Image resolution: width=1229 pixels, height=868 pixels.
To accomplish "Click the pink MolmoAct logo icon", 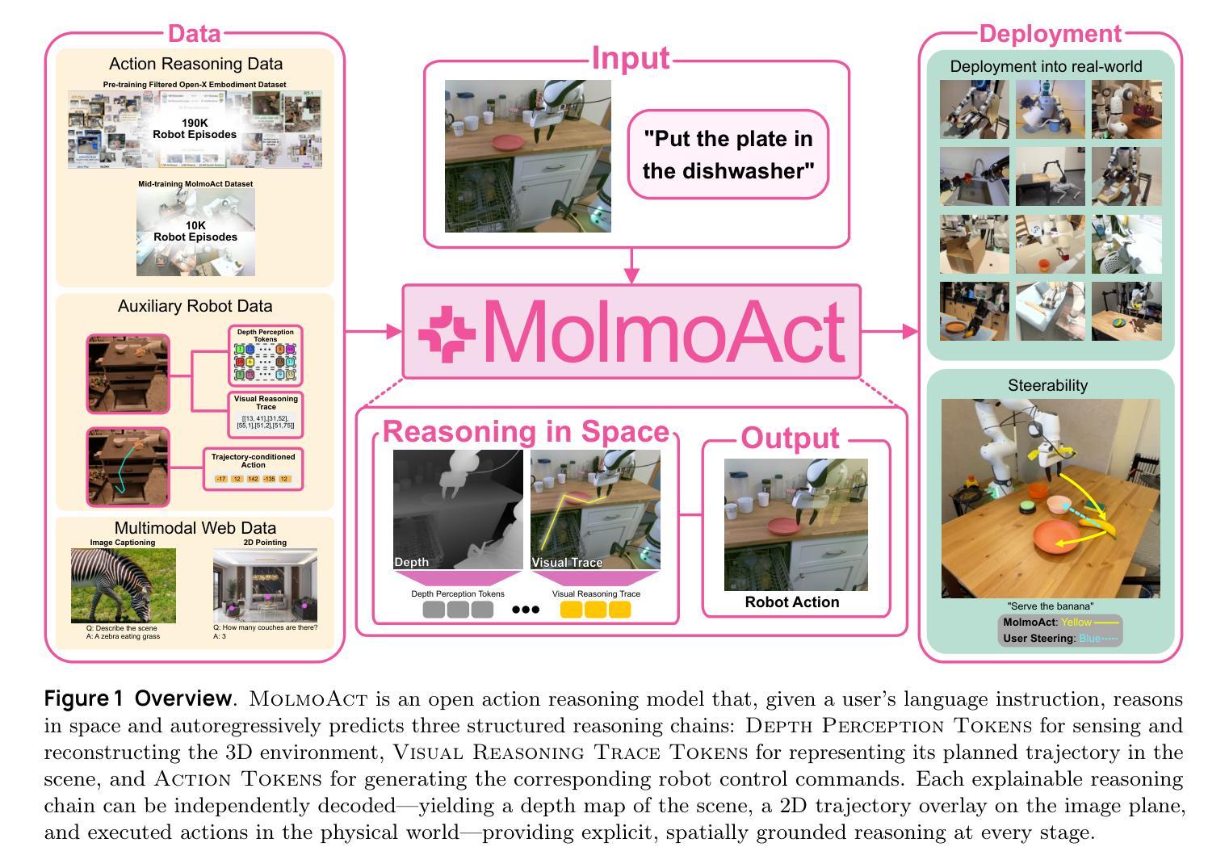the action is (x=447, y=333).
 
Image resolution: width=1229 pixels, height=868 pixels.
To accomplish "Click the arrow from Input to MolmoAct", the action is (x=631, y=266).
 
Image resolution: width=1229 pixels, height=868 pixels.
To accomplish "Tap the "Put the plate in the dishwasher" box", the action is (x=728, y=154).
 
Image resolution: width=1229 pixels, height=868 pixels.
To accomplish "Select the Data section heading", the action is (x=194, y=34).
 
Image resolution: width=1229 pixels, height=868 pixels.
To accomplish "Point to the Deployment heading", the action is (x=1050, y=34).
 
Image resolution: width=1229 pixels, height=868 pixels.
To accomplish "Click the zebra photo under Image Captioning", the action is (x=123, y=585).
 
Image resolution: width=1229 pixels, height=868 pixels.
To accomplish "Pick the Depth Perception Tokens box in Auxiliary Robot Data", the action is (x=266, y=354).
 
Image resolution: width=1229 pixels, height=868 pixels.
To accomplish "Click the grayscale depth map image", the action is (x=458, y=509).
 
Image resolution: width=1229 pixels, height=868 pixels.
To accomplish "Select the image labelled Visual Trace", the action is (x=595, y=509).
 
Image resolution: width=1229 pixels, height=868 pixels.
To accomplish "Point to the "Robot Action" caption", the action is (x=791, y=602).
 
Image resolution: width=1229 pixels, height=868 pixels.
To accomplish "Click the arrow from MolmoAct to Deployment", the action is (x=890, y=331).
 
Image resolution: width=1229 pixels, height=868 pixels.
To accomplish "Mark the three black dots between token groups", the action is (x=526, y=610).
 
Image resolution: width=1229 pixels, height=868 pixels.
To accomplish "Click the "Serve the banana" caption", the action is (x=1050, y=606).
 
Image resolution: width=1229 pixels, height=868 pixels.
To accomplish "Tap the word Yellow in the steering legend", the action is (x=1076, y=623).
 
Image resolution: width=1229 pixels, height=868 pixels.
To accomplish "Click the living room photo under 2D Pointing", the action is (x=265, y=585).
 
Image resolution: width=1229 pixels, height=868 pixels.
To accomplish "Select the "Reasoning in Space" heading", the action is (x=526, y=432).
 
